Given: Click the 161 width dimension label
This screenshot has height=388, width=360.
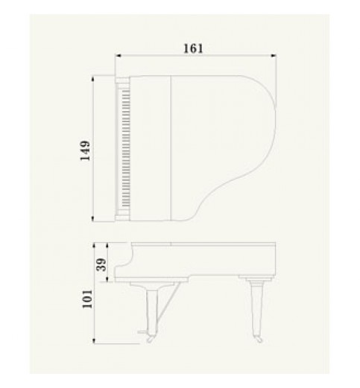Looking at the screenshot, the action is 193,48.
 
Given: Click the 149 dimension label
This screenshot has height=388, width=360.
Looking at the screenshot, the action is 86,150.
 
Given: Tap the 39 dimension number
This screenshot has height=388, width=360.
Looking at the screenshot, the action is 101,264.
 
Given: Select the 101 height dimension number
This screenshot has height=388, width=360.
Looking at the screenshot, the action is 87,299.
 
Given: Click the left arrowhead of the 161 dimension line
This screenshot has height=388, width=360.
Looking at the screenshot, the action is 119,56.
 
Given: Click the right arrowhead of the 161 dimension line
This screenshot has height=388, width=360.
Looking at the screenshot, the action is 274,56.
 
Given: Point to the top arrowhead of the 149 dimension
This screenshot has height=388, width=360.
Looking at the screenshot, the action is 93,78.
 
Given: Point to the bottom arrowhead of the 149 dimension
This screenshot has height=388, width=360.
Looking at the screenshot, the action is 93,218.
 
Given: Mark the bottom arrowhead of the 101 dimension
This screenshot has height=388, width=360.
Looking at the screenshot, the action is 94,341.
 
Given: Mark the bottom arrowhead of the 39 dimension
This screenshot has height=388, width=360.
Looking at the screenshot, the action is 107,279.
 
